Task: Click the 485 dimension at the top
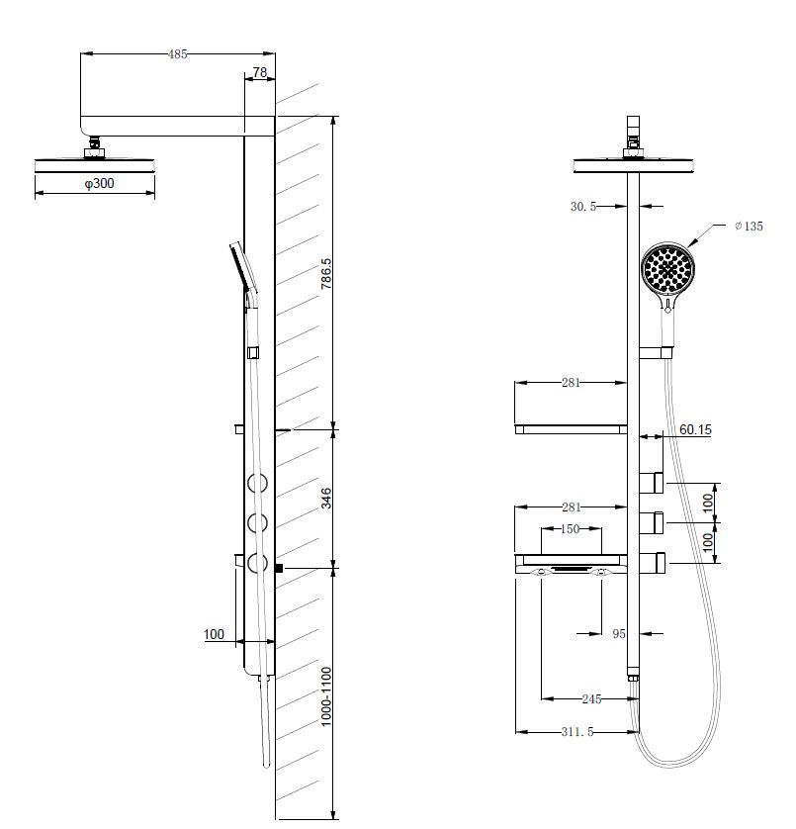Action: (178, 54)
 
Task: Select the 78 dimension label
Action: (260, 73)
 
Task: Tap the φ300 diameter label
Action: (97, 185)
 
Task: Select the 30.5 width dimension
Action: (583, 207)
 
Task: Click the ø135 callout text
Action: (750, 227)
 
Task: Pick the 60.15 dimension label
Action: (695, 430)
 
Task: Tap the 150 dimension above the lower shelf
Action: (571, 529)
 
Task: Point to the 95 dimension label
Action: (619, 634)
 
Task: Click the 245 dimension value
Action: (591, 699)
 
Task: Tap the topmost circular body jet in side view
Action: (258, 484)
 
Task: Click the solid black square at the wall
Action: (280, 569)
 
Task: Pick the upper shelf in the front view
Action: (571, 429)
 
